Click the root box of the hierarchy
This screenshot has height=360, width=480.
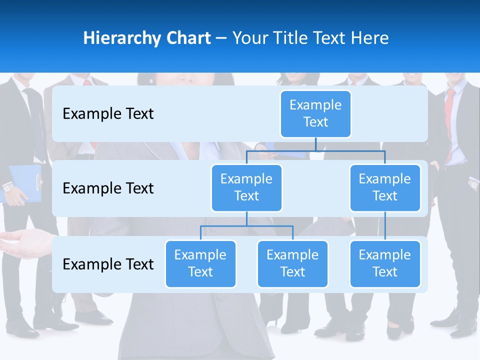coord(315,113)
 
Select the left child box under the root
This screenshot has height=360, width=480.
coord(246,187)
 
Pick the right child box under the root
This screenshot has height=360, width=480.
coord(385,187)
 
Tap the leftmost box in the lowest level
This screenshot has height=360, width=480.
coord(200,263)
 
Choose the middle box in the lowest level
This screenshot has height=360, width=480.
coord(292,263)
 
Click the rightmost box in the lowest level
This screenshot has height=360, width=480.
coord(385,263)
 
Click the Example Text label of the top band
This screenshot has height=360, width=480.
coord(108,114)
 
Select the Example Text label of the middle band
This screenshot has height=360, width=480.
coord(108,188)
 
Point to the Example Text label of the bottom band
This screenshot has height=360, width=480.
coord(108,264)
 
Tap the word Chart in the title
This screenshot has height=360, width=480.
coord(186,38)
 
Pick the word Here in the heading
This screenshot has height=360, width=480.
coord(369,38)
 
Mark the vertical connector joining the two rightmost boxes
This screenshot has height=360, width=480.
coord(385,225)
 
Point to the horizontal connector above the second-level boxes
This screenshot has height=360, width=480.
coord(315,150)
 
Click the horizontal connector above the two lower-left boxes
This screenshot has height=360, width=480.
coord(246,226)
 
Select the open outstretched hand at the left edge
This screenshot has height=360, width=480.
coord(22,243)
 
